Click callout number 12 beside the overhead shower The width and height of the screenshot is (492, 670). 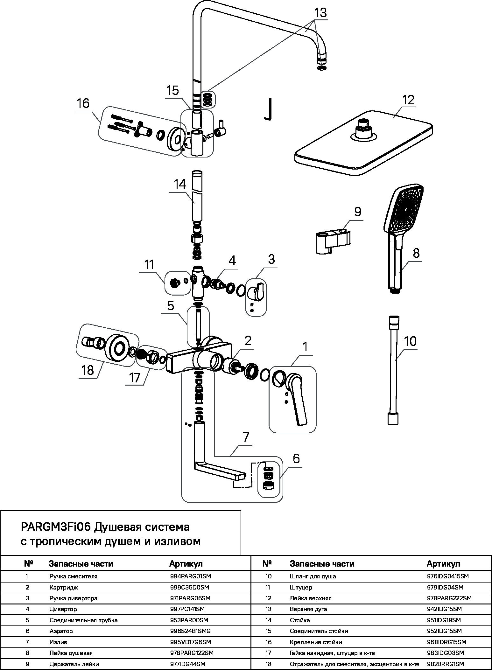coord(408,100)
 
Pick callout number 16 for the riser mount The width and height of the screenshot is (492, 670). coord(83,104)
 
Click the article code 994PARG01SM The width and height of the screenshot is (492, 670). coord(191,576)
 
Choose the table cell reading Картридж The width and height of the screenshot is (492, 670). coord(64,587)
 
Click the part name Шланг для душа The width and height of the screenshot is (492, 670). coord(313,576)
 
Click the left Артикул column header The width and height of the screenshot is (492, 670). coord(186,564)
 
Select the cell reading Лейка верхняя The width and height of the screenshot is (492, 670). coord(311,598)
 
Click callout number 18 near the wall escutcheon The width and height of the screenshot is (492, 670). coord(88,370)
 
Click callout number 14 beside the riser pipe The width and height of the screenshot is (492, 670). coord(180,185)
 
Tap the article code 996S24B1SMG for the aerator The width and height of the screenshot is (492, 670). coord(191,631)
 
